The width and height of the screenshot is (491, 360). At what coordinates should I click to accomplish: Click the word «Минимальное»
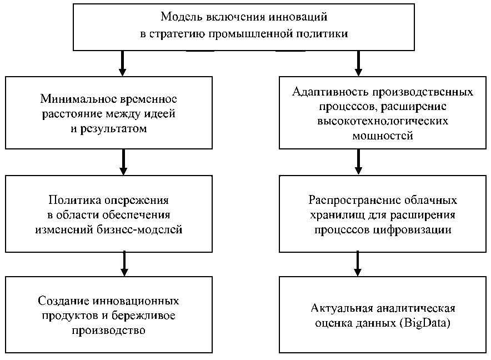coord(77,99)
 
